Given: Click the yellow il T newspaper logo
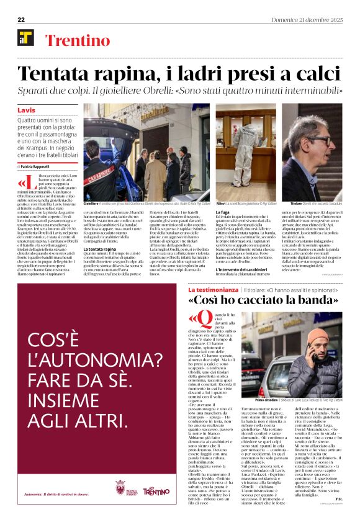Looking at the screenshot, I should click(x=26, y=38).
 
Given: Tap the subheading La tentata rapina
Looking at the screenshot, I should click(x=100, y=250).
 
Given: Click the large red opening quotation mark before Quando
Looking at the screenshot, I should click(x=192, y=321).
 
